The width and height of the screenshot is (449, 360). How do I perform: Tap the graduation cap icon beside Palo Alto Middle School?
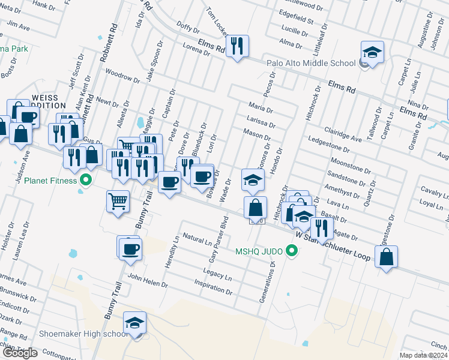[x=372, y=52]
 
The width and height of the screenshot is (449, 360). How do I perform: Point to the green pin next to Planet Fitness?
[x=85, y=179]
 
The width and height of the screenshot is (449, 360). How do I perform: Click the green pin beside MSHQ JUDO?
[x=292, y=251]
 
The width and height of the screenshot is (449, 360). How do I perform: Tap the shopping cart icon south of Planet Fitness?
[x=118, y=201]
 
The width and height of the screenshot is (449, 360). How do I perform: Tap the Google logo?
[x=19, y=353]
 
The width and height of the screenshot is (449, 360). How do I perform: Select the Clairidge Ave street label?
[x=343, y=134]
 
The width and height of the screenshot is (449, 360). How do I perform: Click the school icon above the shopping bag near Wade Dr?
[x=253, y=179]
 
